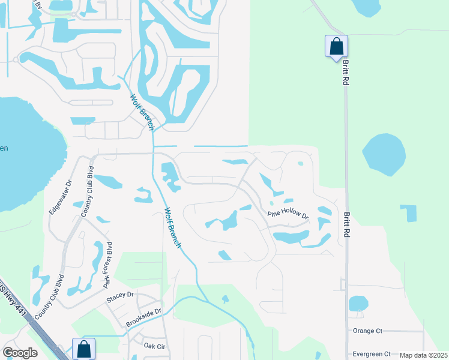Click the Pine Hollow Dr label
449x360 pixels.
click(x=288, y=215)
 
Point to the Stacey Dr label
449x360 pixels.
click(x=120, y=295)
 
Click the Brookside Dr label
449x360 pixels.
click(x=143, y=318)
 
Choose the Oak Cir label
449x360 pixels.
click(x=154, y=346)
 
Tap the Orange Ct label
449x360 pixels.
click(x=367, y=331)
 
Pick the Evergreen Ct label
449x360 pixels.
click(x=372, y=354)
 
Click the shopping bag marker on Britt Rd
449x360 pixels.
click(x=336, y=46)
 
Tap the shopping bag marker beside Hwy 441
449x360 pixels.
click(x=83, y=348)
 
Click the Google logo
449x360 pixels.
click(x=20, y=353)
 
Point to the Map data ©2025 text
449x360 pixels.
click(x=423, y=355)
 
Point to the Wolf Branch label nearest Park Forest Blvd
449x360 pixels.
click(x=173, y=229)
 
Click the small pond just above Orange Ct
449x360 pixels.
click(x=358, y=304)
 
